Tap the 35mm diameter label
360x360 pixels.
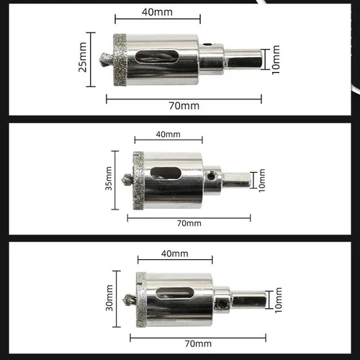click(x=109, y=180)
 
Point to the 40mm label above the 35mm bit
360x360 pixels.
click(x=168, y=134)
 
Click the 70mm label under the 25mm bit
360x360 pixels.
click(x=185, y=105)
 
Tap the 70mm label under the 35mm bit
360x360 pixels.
click(x=189, y=223)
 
